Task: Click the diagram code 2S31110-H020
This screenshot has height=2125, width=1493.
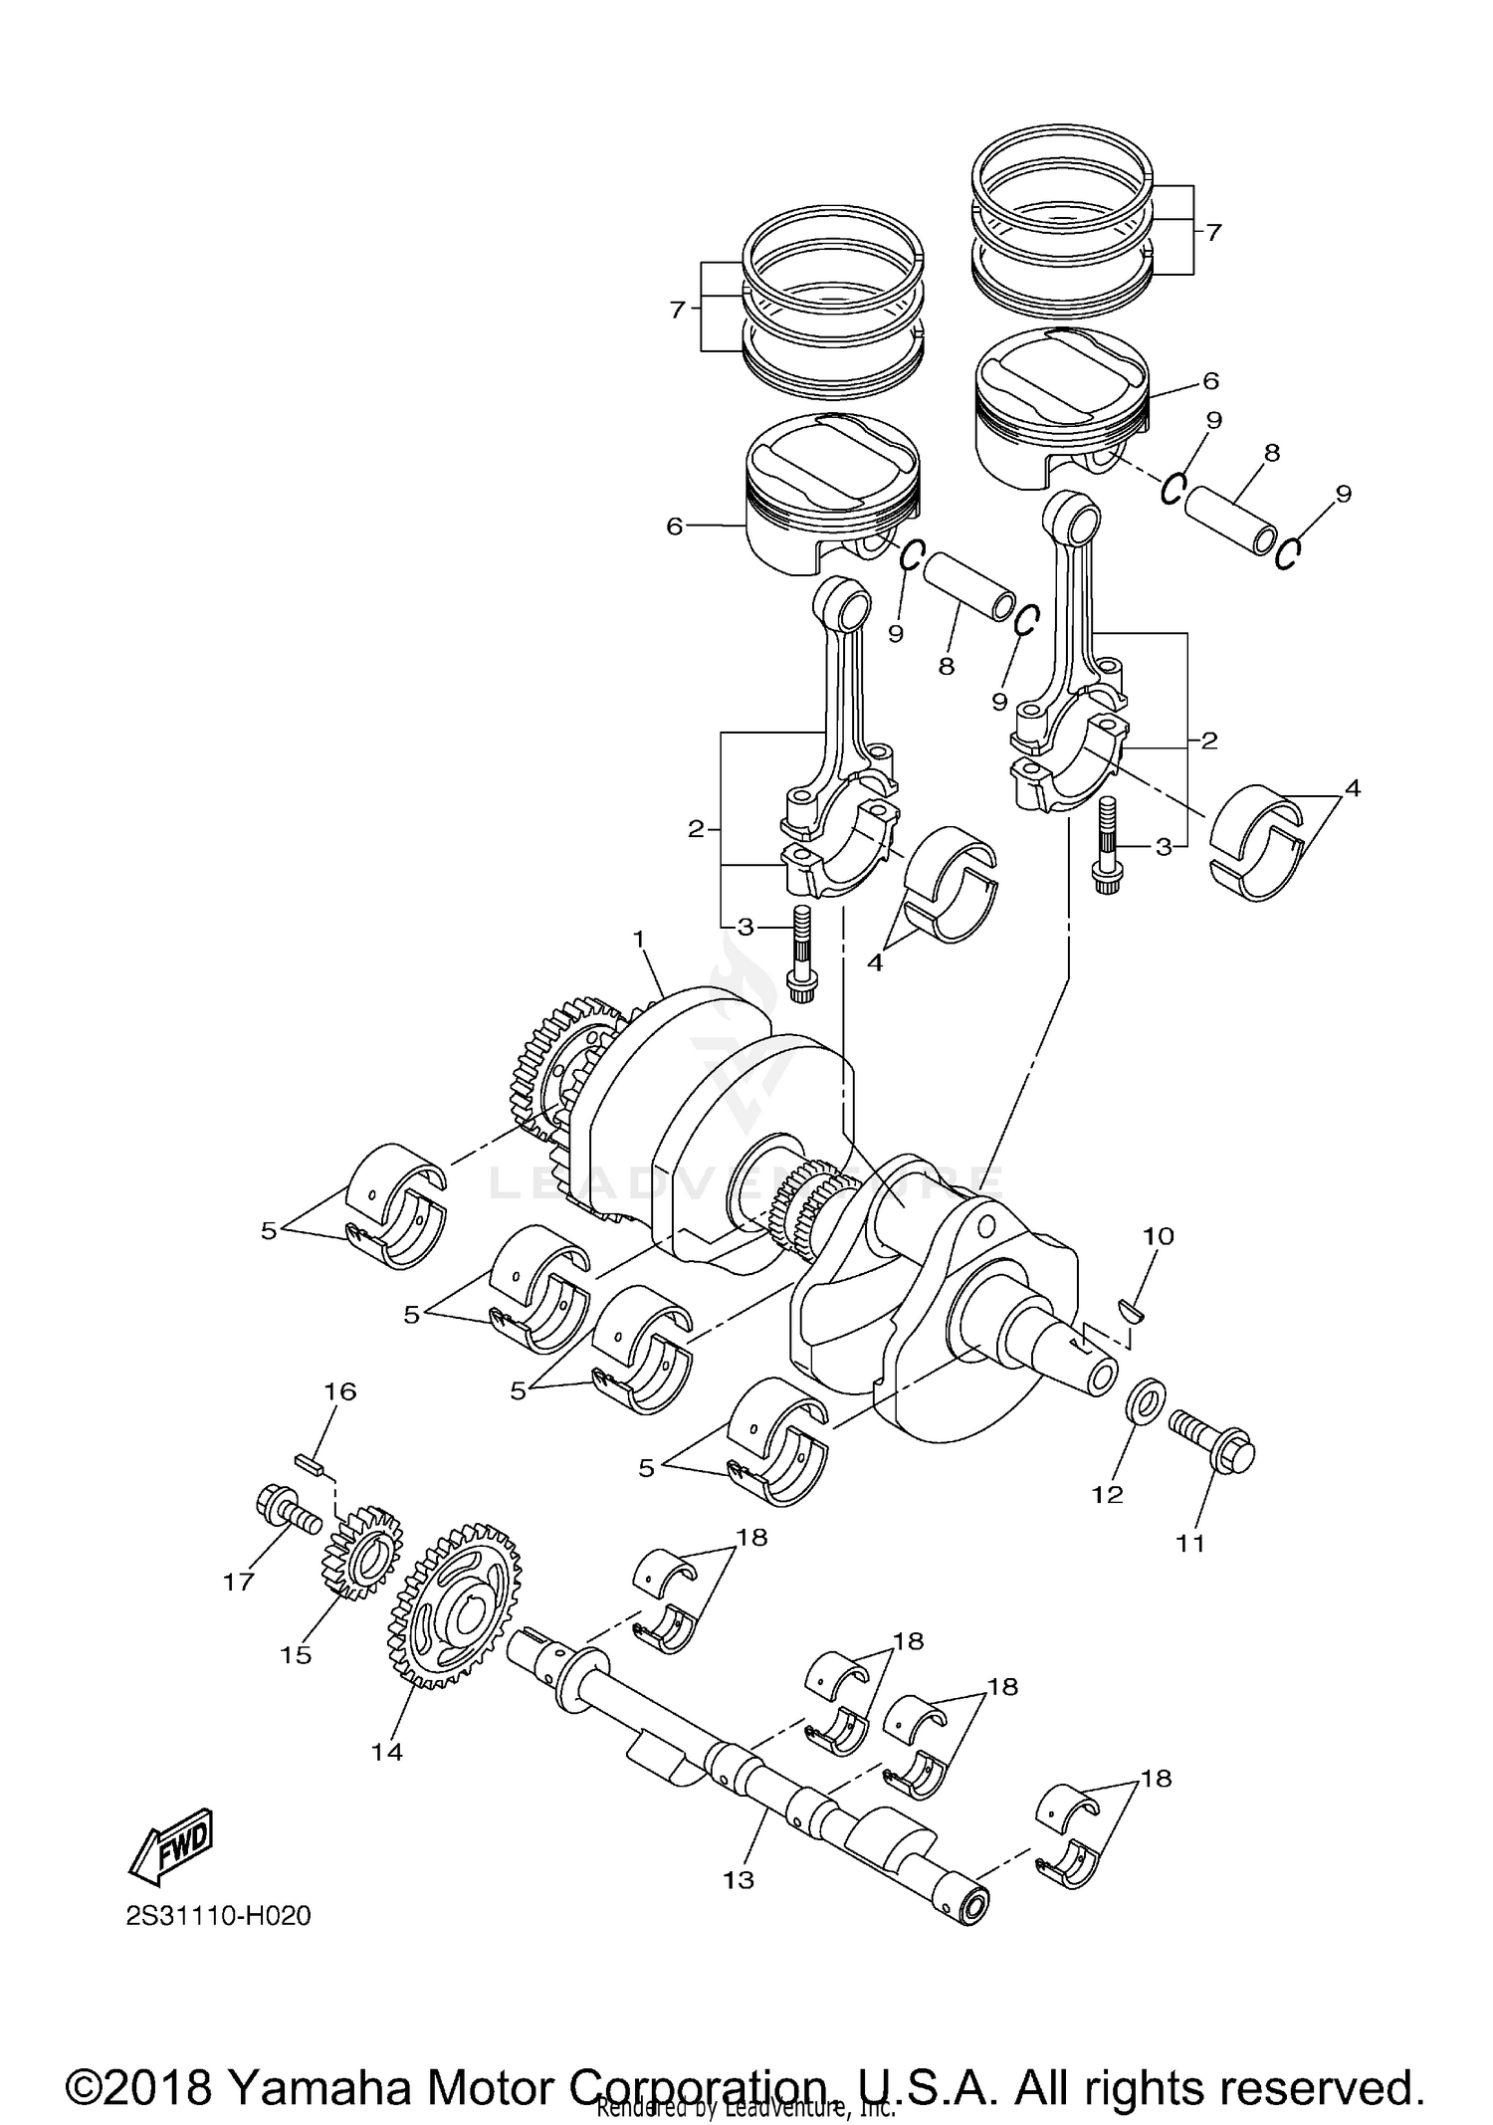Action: (218, 1916)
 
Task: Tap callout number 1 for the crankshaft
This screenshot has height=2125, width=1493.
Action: (639, 939)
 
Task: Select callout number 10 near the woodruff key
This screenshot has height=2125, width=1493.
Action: (1159, 1236)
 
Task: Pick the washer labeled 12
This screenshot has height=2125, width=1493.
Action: (1143, 1401)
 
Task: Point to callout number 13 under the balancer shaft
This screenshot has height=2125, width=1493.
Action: (739, 1880)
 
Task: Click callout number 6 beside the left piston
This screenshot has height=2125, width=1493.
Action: (675, 526)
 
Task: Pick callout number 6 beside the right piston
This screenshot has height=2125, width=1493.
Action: (1210, 380)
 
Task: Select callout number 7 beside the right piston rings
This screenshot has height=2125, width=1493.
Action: (1213, 232)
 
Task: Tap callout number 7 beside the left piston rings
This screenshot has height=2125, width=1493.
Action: (678, 310)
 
